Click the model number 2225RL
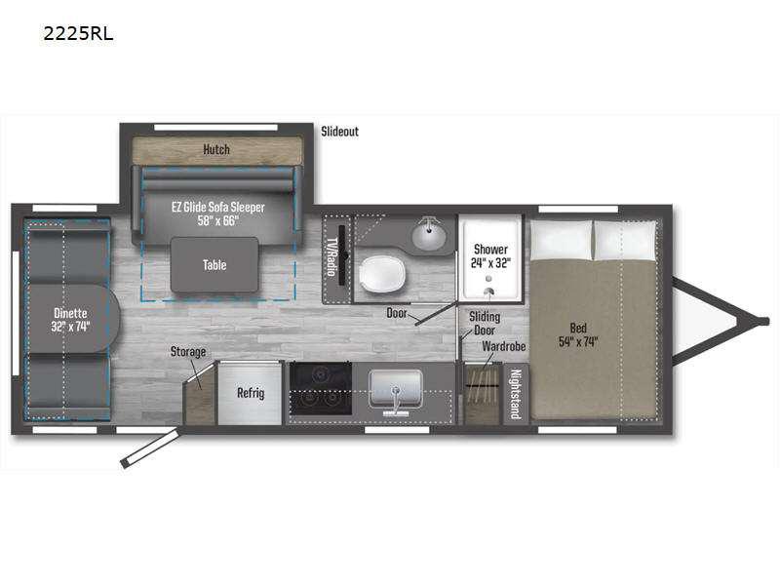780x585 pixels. pos(78,34)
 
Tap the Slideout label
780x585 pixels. pos(339,132)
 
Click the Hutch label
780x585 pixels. pos(216,149)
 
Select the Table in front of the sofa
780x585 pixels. pos(214,264)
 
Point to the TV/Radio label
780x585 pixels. pos(331,256)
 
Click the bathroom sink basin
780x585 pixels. pos(428,237)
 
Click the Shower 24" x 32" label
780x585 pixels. pos(490,255)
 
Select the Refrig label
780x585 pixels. pos(251,393)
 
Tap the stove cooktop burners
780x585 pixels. pos(321,388)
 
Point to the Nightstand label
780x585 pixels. pos(516,394)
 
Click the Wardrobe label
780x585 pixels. pos(503,346)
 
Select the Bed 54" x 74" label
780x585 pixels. pos(578,334)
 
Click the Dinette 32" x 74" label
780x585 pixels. pos(70,320)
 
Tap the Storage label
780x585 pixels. pos(188,352)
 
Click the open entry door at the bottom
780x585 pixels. pos(150,449)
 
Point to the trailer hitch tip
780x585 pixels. pos(766,321)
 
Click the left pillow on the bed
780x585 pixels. pos(562,240)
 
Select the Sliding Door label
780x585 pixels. pos(485,324)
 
